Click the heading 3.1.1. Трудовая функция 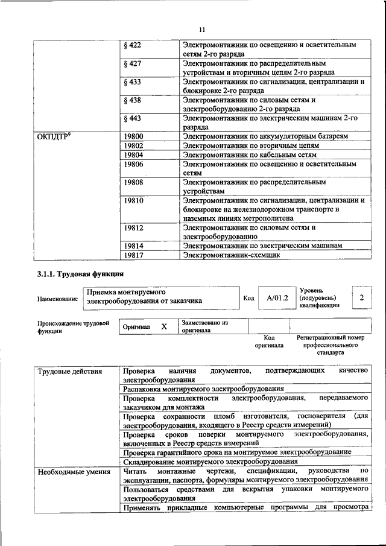(74, 275)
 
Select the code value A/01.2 (277, 297)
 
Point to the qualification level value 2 (361, 297)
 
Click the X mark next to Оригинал (163, 326)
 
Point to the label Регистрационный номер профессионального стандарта (331, 346)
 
